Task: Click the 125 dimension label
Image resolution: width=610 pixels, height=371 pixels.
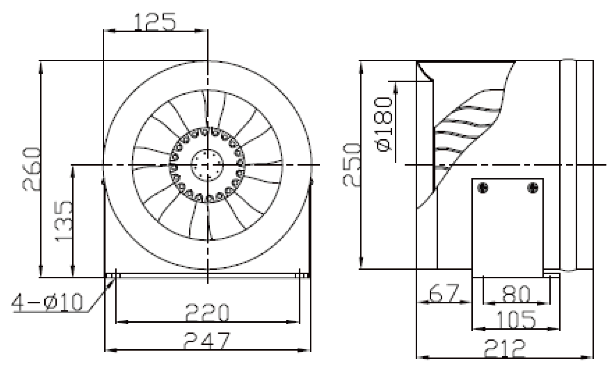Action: click(155, 22)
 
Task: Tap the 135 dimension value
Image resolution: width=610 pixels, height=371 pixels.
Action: click(64, 221)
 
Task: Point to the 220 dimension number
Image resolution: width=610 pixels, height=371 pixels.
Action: click(208, 313)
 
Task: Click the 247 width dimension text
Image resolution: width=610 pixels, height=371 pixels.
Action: click(207, 340)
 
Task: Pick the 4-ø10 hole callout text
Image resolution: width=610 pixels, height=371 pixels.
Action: click(47, 302)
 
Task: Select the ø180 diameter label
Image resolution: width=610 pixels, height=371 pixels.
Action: click(384, 124)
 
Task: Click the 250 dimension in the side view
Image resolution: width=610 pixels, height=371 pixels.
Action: click(352, 165)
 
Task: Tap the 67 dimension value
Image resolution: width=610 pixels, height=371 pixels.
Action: click(444, 293)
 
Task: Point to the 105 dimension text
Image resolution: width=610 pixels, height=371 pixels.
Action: click(516, 319)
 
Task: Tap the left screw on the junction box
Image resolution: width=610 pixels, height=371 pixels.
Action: click(483, 188)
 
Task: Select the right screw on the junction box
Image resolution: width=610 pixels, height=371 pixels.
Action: click(533, 188)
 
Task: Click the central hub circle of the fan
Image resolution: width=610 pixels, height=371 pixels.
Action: click(207, 165)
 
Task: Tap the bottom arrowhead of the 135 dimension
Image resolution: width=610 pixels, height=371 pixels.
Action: click(73, 271)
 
